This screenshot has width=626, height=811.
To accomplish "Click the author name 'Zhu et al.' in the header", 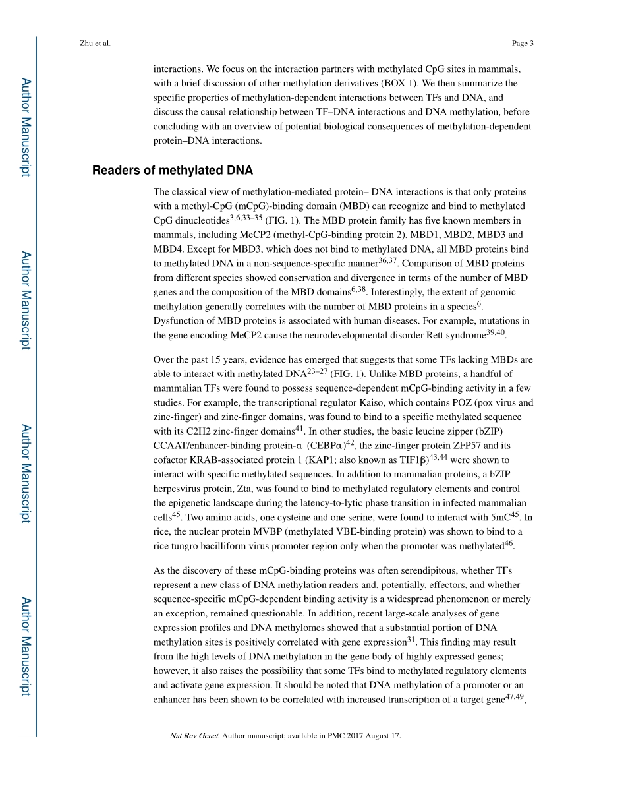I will (x=94, y=44).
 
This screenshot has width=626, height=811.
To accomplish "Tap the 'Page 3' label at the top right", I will (x=522, y=44).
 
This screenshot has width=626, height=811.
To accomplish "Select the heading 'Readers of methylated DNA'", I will (x=173, y=171).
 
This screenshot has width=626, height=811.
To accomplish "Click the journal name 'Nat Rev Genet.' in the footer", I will (x=194, y=736).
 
